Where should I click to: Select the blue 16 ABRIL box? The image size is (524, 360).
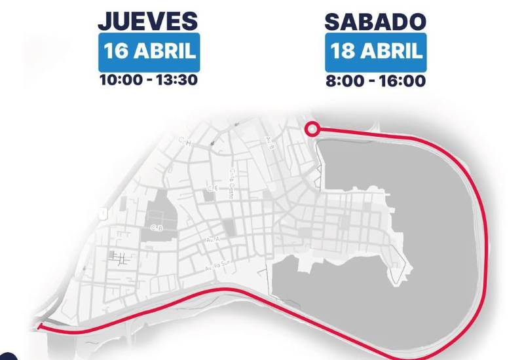[148, 52]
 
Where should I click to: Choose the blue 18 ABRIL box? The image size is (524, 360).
[375, 52]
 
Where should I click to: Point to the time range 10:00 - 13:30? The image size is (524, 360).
[148, 81]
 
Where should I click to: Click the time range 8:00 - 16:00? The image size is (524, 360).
[375, 81]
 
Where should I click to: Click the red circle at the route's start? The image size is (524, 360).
[313, 129]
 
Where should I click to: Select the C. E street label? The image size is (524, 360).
[212, 189]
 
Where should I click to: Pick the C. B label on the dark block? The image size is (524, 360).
[156, 228]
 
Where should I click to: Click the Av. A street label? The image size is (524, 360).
[212, 241]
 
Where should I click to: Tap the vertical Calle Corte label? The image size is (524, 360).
[233, 175]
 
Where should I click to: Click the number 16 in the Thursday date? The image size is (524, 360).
[118, 52]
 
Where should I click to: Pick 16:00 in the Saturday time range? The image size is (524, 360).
[405, 81]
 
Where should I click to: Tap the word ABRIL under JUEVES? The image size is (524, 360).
[164, 52]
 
